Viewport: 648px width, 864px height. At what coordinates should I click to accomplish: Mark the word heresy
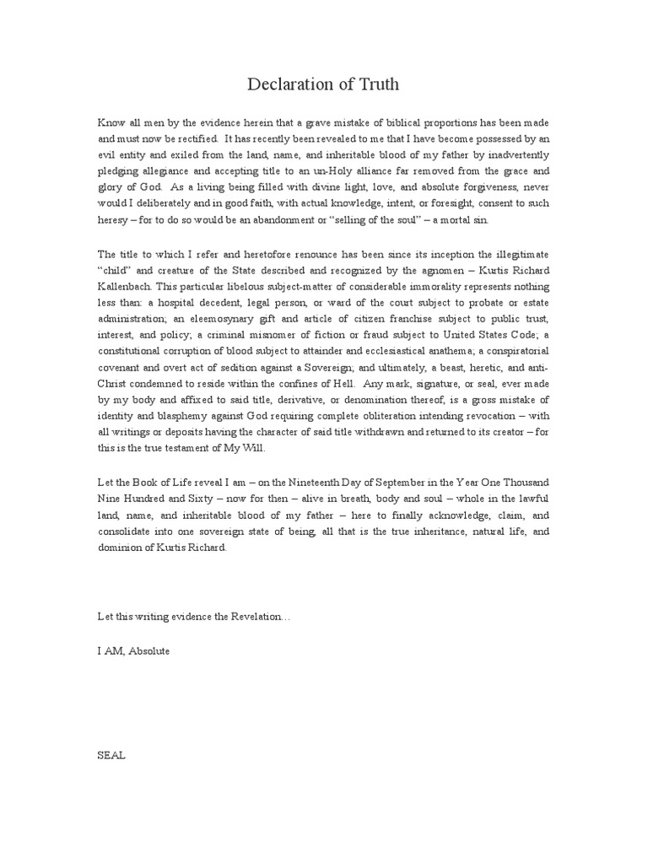click(x=115, y=219)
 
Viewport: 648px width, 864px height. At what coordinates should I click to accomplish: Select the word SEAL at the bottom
click(x=111, y=756)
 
